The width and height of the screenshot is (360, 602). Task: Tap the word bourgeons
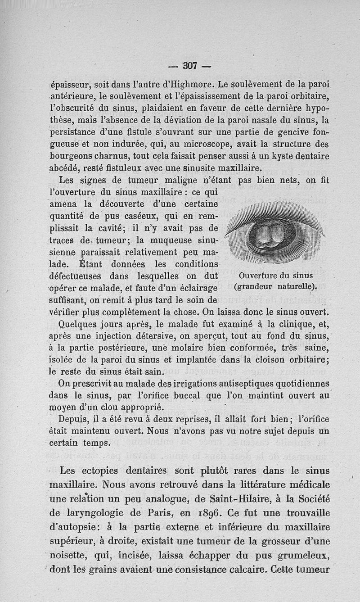pyautogui.click(x=72, y=157)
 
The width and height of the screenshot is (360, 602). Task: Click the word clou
pyautogui.click(x=112, y=408)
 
